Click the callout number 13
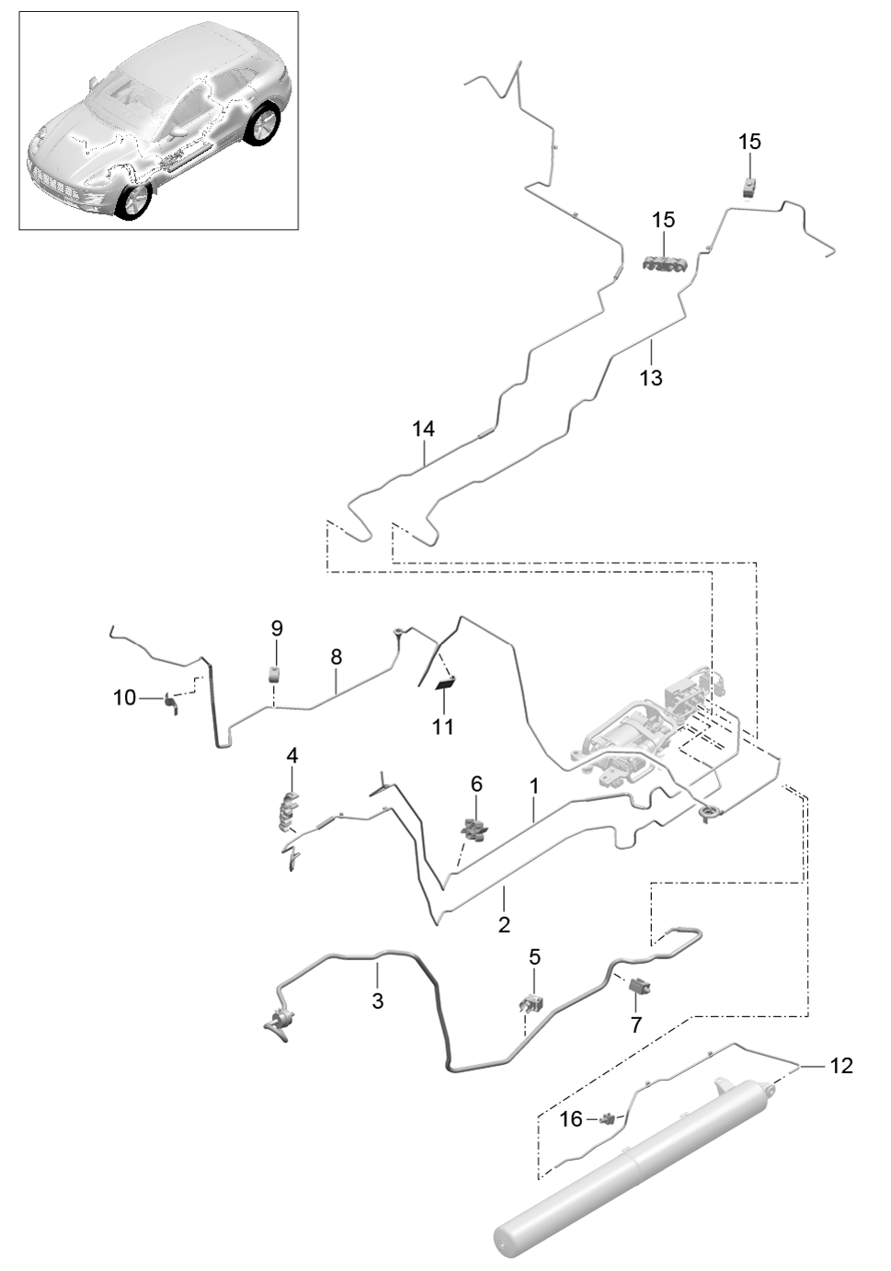pos(650,378)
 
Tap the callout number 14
pos(423,429)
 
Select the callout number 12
pos(841,1066)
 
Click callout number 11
pos(443,727)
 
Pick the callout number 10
pos(125,697)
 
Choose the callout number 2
pos(504,925)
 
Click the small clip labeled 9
pos(275,675)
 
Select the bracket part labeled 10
pos(170,703)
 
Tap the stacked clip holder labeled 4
pos(290,812)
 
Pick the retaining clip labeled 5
pos(532,1005)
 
